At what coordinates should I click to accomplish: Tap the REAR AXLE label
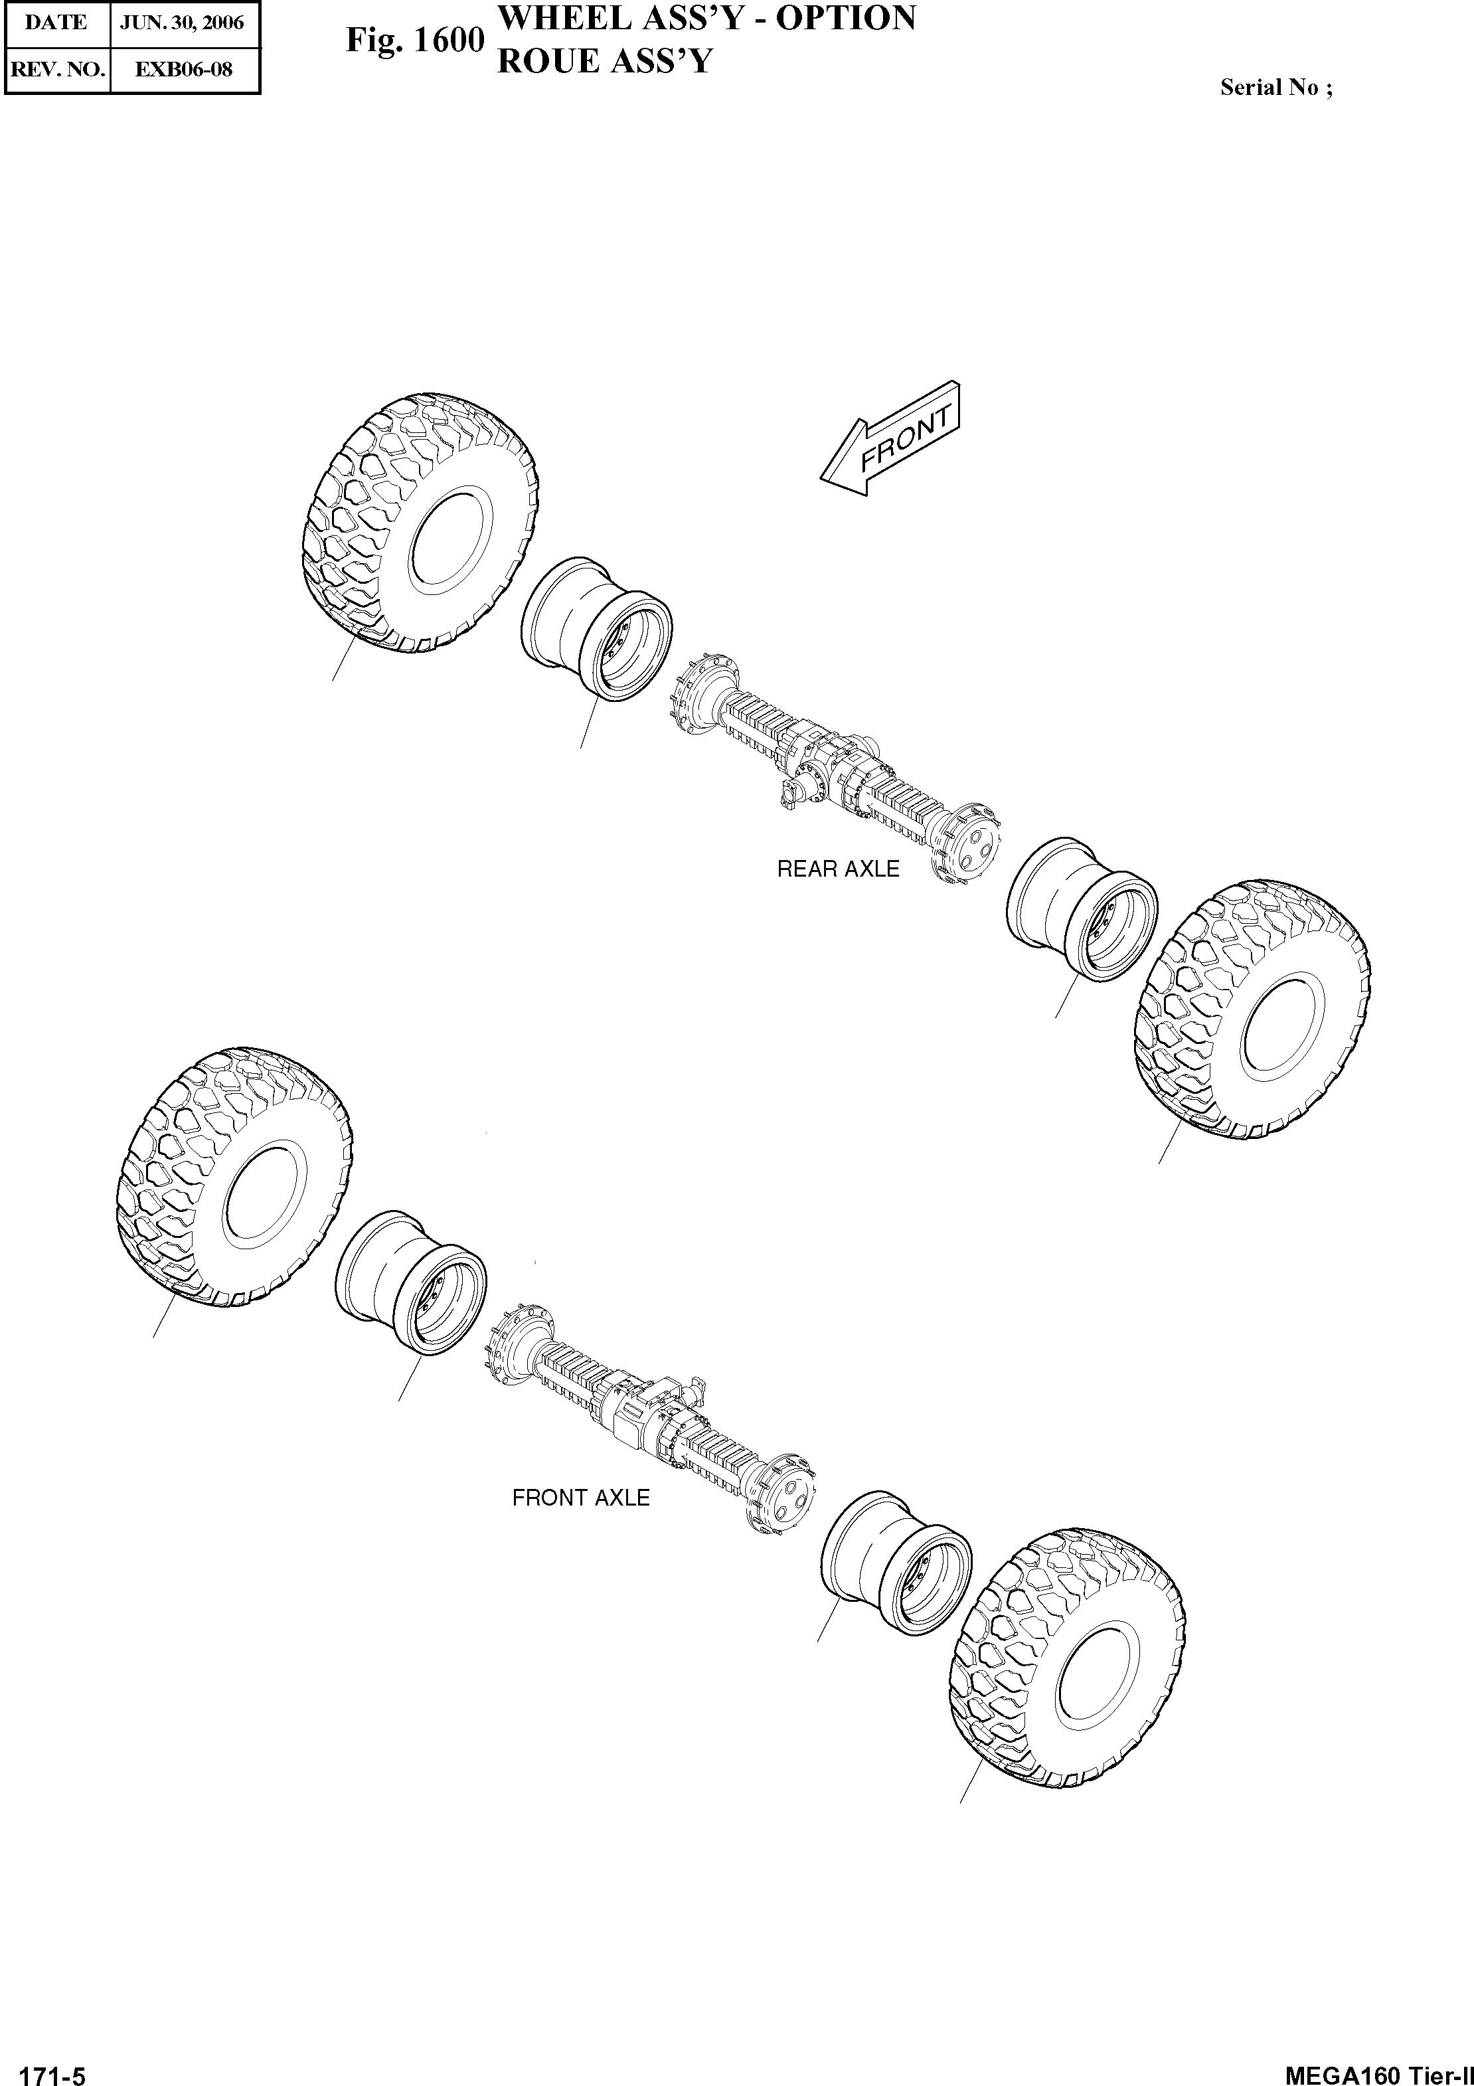[837, 869]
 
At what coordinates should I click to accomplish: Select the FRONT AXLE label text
[580, 1498]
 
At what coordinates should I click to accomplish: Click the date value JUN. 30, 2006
[183, 23]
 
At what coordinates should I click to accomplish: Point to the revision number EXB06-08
[183, 69]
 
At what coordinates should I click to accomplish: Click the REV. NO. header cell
[56, 69]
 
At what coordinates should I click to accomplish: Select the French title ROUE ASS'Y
[604, 62]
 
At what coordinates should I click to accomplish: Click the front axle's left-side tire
[235, 1178]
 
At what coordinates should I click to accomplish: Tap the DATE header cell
[56, 23]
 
